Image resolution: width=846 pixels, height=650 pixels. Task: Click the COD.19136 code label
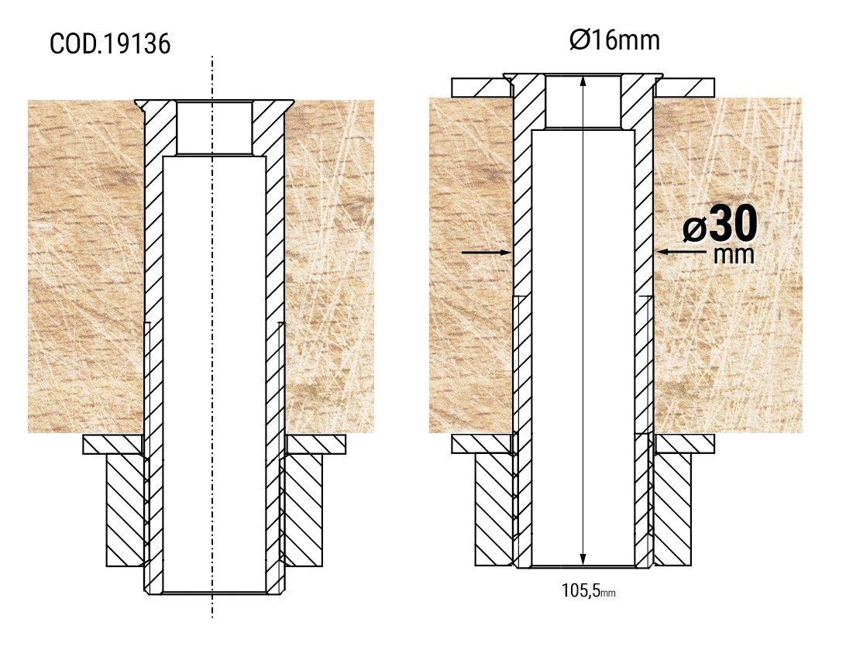click(x=110, y=44)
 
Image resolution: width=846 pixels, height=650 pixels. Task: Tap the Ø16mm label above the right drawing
click(x=614, y=40)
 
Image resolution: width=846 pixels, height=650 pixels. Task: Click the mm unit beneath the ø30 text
click(x=733, y=254)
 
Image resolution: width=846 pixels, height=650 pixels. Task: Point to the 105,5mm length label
click(x=588, y=591)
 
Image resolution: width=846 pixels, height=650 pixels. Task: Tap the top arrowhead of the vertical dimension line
click(x=583, y=81)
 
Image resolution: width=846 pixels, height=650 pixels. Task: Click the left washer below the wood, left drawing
click(x=113, y=445)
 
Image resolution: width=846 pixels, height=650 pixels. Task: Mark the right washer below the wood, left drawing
click(x=316, y=445)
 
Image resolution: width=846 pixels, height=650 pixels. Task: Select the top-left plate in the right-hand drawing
click(x=480, y=87)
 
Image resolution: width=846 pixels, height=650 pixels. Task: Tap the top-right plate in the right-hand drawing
click(x=685, y=87)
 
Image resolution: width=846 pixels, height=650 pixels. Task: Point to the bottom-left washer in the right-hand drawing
click(x=480, y=444)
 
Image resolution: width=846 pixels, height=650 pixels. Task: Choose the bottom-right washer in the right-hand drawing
click(x=685, y=444)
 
